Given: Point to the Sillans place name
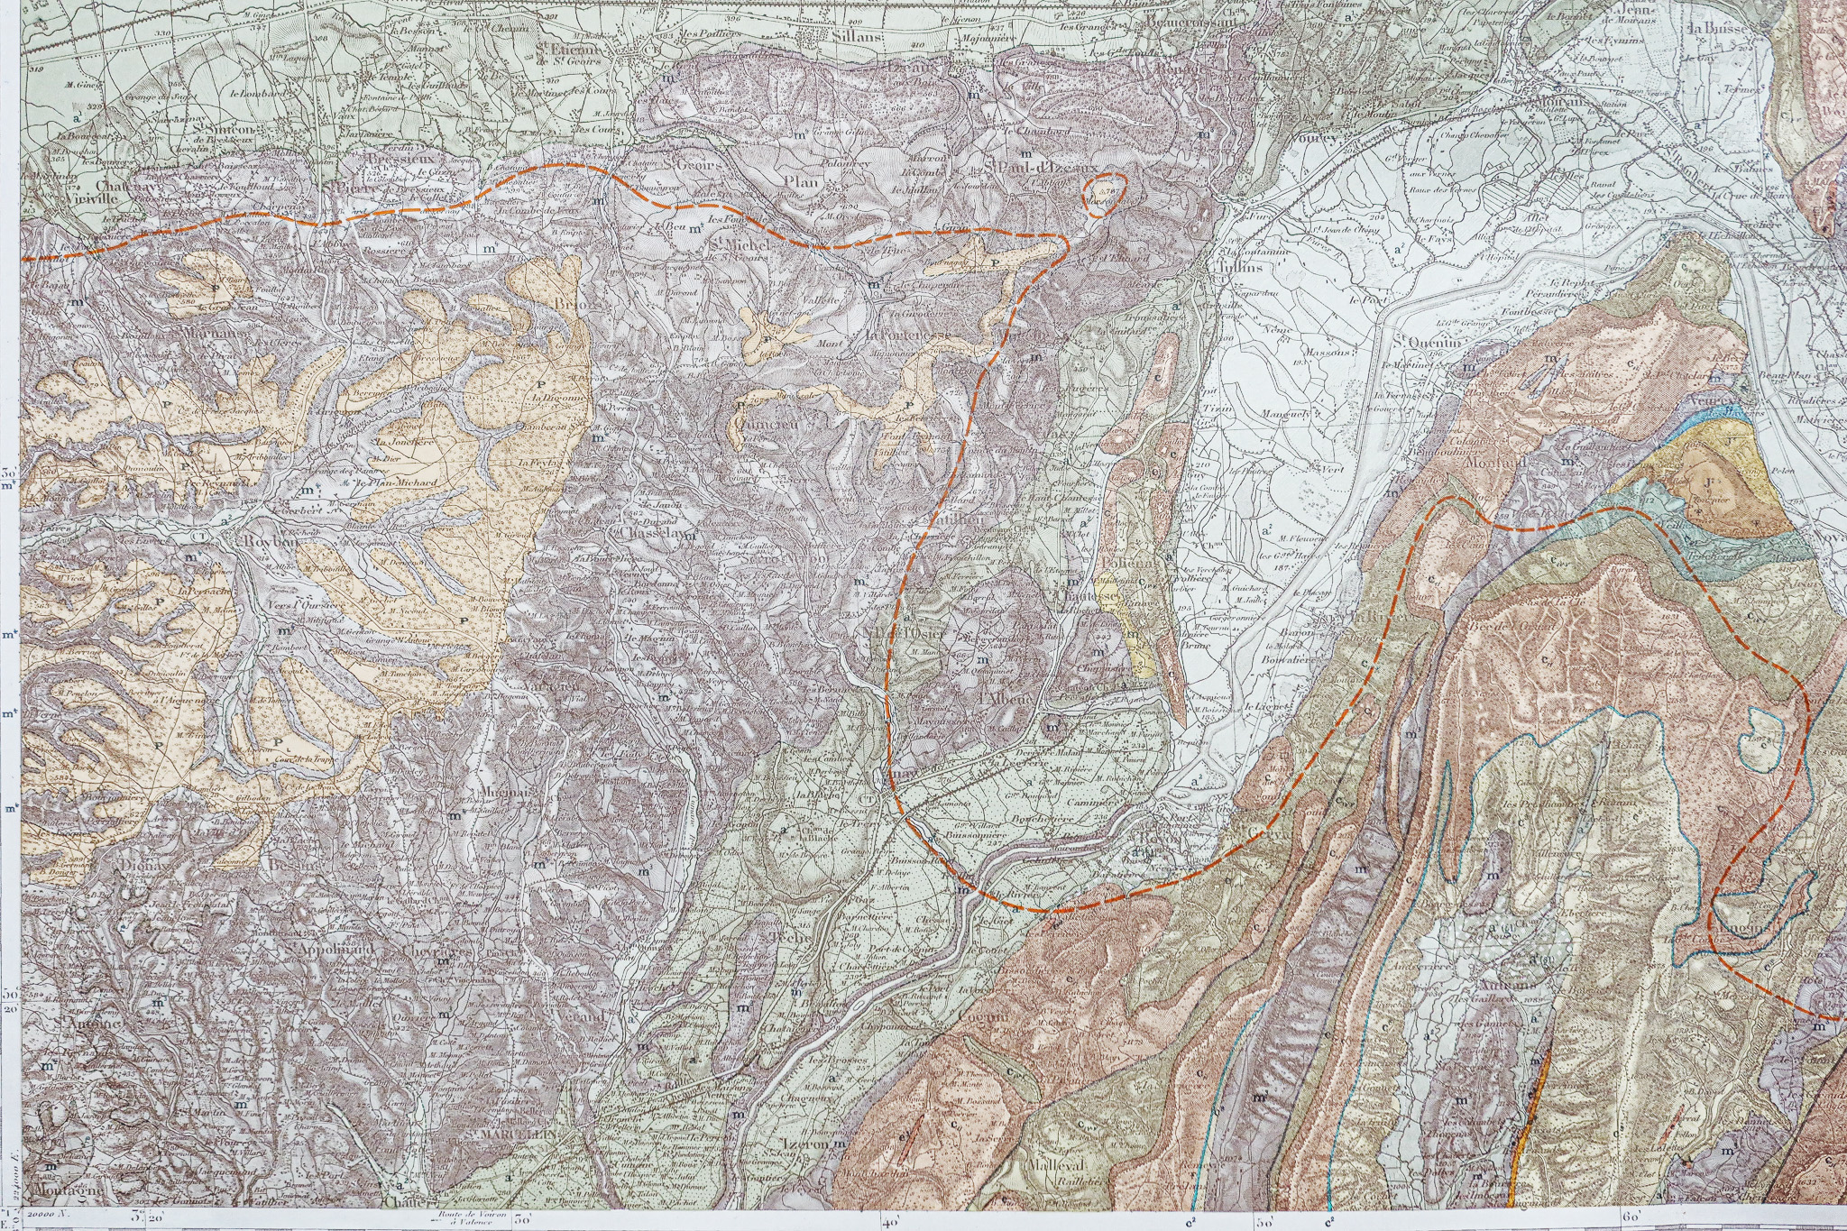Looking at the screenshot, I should pyautogui.click(x=856, y=37).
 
